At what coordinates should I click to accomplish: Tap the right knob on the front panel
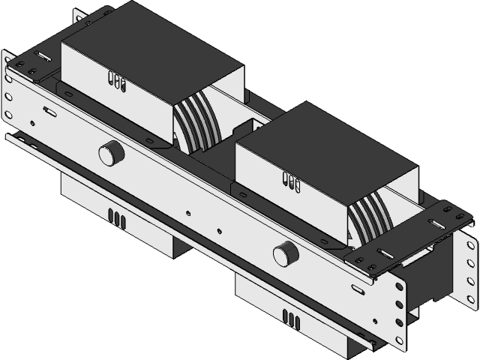click(285, 253)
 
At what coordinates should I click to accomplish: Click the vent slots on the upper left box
click(114, 79)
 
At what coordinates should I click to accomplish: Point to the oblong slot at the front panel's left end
click(49, 111)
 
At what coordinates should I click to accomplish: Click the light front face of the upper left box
click(112, 94)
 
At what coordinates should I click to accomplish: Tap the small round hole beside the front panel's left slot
click(31, 121)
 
